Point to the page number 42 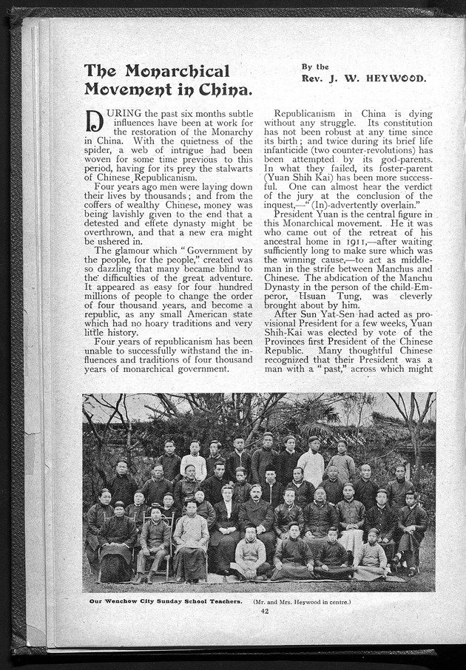tap(264, 610)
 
